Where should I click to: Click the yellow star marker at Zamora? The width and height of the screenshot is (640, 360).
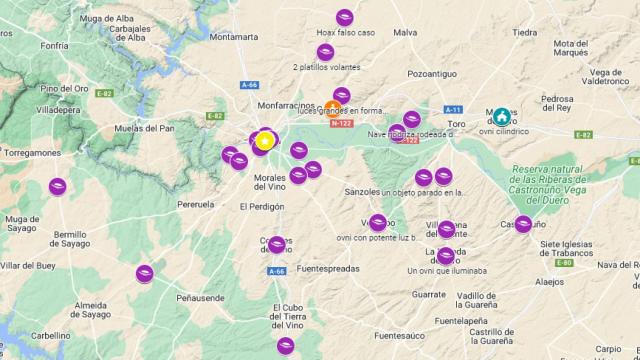[264, 141]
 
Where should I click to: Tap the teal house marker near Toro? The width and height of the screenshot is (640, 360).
[501, 116]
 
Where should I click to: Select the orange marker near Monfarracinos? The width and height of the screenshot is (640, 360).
[333, 109]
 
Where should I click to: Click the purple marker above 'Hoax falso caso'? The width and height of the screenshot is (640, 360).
[345, 17]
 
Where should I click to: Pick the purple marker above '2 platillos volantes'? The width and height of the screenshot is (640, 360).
[325, 52]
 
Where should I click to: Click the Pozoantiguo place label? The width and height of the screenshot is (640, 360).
[432, 74]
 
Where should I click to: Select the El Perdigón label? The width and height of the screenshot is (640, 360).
[262, 207]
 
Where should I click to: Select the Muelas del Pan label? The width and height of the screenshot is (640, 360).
[146, 128]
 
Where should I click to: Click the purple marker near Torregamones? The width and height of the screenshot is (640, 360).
[58, 185]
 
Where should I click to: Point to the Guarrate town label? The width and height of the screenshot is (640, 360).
[429, 294]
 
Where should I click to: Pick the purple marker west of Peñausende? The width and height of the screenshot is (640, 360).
[145, 273]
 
